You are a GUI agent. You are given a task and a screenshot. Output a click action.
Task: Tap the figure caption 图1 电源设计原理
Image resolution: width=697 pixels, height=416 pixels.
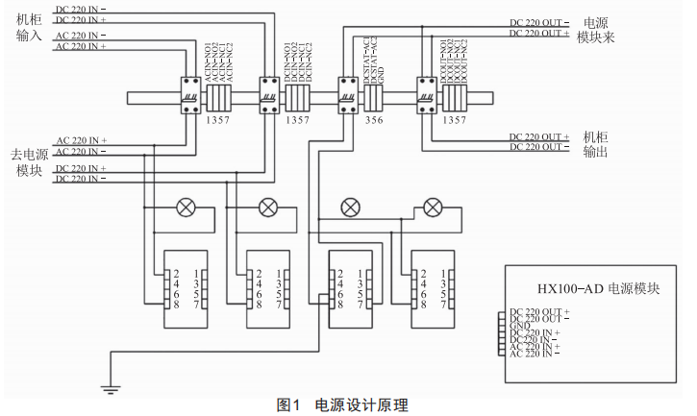[x=348, y=405]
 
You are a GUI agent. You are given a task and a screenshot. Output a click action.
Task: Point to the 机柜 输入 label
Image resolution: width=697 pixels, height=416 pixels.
[x=30, y=27]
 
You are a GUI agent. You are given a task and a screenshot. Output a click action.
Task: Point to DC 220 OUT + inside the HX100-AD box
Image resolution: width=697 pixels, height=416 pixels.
[x=539, y=311]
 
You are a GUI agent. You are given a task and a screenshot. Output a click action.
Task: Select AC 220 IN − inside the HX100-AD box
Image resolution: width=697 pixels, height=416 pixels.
[x=537, y=354]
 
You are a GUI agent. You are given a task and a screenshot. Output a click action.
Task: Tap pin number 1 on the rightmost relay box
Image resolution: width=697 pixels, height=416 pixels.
[x=444, y=274]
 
